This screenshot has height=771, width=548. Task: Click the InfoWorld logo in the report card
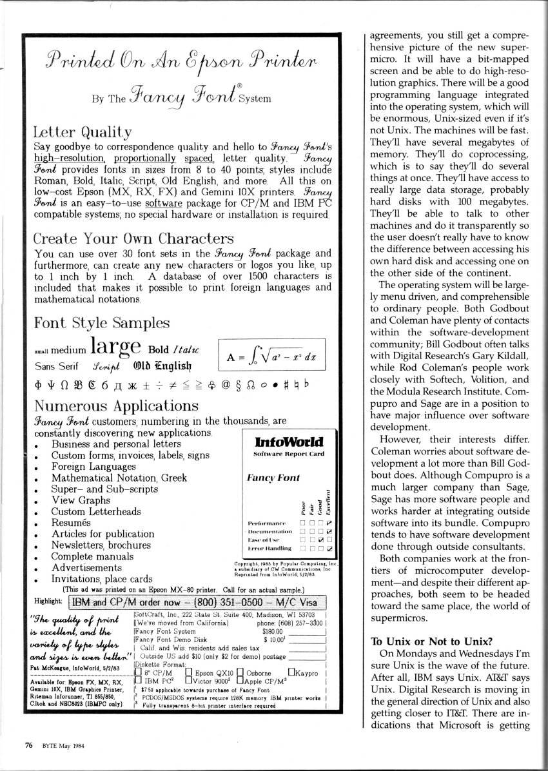pos(289,442)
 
